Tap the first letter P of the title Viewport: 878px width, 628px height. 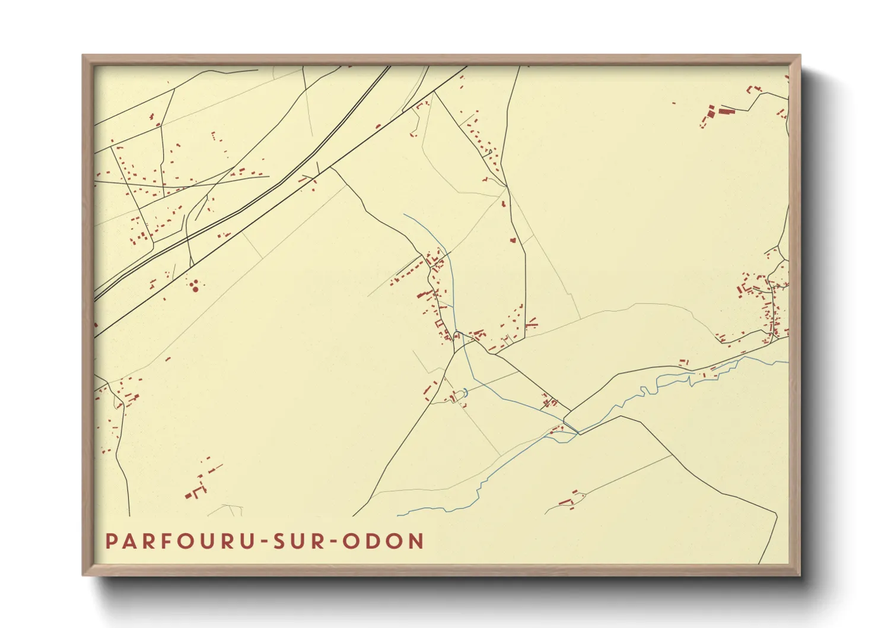pos(111,541)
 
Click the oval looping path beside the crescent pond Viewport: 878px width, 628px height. pos(456,396)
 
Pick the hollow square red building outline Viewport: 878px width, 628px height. pos(440,323)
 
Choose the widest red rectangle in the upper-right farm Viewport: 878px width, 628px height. pos(727,111)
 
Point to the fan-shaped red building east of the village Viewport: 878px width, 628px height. pos(532,323)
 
